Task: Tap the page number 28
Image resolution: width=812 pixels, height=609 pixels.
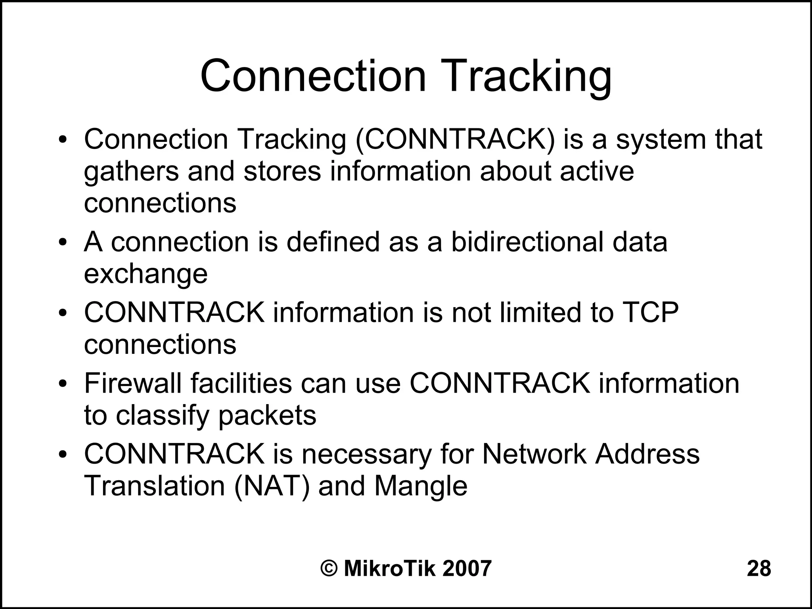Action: [x=759, y=568]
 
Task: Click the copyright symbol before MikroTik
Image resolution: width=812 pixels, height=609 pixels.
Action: [x=329, y=568]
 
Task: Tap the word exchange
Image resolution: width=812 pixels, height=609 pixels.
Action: [x=146, y=275]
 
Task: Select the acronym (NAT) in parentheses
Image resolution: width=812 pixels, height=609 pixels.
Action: [x=272, y=486]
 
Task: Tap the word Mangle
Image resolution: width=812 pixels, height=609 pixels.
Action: [x=421, y=487]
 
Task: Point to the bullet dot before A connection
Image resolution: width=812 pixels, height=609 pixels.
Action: [x=62, y=242]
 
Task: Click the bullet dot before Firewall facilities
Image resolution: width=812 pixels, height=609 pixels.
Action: [x=62, y=384]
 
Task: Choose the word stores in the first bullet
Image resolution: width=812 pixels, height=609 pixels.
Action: [x=282, y=172]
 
